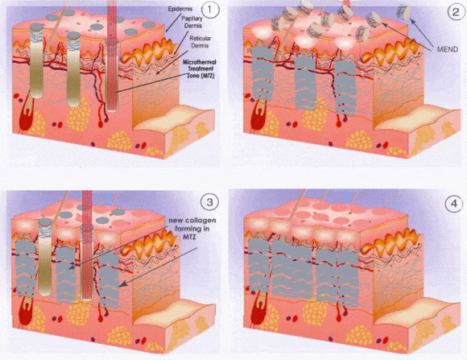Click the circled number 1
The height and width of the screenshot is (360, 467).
tap(210, 10)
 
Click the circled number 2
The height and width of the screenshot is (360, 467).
tap(456, 12)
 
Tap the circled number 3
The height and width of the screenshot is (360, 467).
tap(209, 202)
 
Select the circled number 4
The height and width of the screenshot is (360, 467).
tap(454, 204)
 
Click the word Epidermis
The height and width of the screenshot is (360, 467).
tap(180, 9)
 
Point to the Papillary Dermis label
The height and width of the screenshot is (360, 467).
tap(192, 22)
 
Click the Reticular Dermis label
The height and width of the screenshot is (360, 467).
tap(200, 42)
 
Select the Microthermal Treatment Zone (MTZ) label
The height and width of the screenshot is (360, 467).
tap(200, 68)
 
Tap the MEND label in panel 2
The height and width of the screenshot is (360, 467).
tap(448, 49)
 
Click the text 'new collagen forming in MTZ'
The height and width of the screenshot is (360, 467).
tap(192, 228)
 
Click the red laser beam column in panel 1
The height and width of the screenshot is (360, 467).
tap(112, 56)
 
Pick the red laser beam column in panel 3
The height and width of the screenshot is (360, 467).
tap(87, 245)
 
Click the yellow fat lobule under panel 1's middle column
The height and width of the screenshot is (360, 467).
tap(78, 114)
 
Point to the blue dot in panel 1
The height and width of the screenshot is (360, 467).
tap(121, 60)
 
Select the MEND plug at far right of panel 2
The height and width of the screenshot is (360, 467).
tap(403, 13)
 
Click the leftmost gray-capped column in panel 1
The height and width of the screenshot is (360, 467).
tap(36, 60)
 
